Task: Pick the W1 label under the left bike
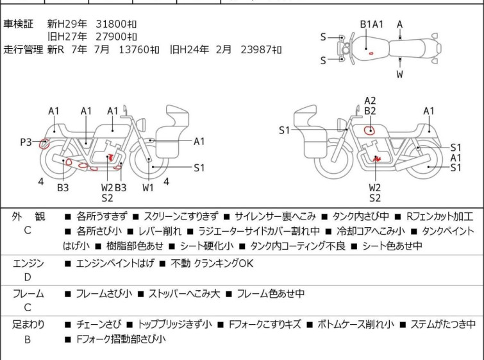coord(148,187)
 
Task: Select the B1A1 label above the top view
coord(371,24)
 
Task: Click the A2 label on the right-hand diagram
coord(370,100)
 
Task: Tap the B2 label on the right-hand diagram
coord(370,111)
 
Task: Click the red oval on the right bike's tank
coord(369,131)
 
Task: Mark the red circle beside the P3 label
coord(44,144)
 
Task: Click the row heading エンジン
coord(28,263)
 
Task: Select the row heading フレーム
coord(28,294)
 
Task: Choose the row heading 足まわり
coord(28,325)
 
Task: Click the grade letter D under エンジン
coord(28,277)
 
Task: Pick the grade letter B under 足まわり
coord(28,339)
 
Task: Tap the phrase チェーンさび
coord(98,325)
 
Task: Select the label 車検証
coord(19,24)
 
